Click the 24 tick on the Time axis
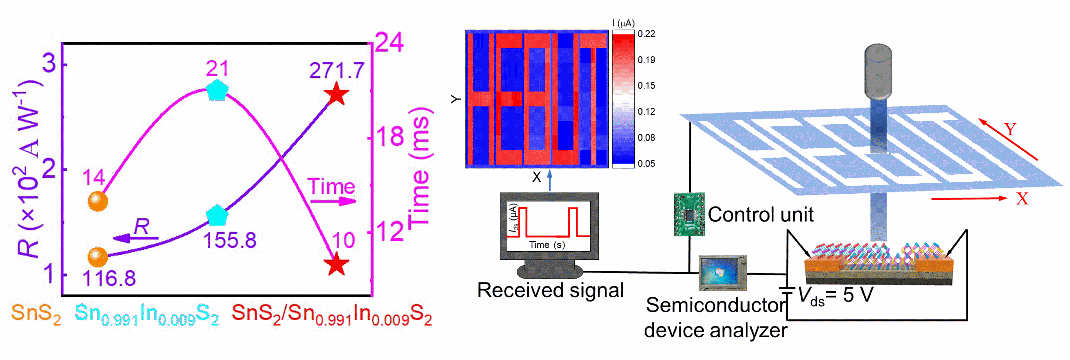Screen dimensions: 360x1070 click(x=388, y=42)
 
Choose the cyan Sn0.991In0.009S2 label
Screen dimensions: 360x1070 click(x=146, y=314)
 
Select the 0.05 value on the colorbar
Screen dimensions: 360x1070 click(x=646, y=164)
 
